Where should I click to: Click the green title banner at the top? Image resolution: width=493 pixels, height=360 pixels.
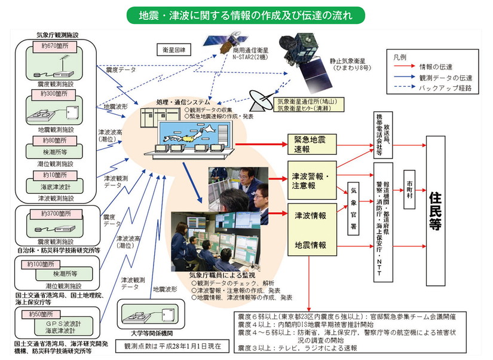point(246,14)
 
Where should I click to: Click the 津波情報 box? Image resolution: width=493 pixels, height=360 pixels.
point(310,215)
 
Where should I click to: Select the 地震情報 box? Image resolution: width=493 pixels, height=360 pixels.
point(310,245)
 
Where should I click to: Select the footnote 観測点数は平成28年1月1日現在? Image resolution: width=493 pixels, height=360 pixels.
point(172,346)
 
